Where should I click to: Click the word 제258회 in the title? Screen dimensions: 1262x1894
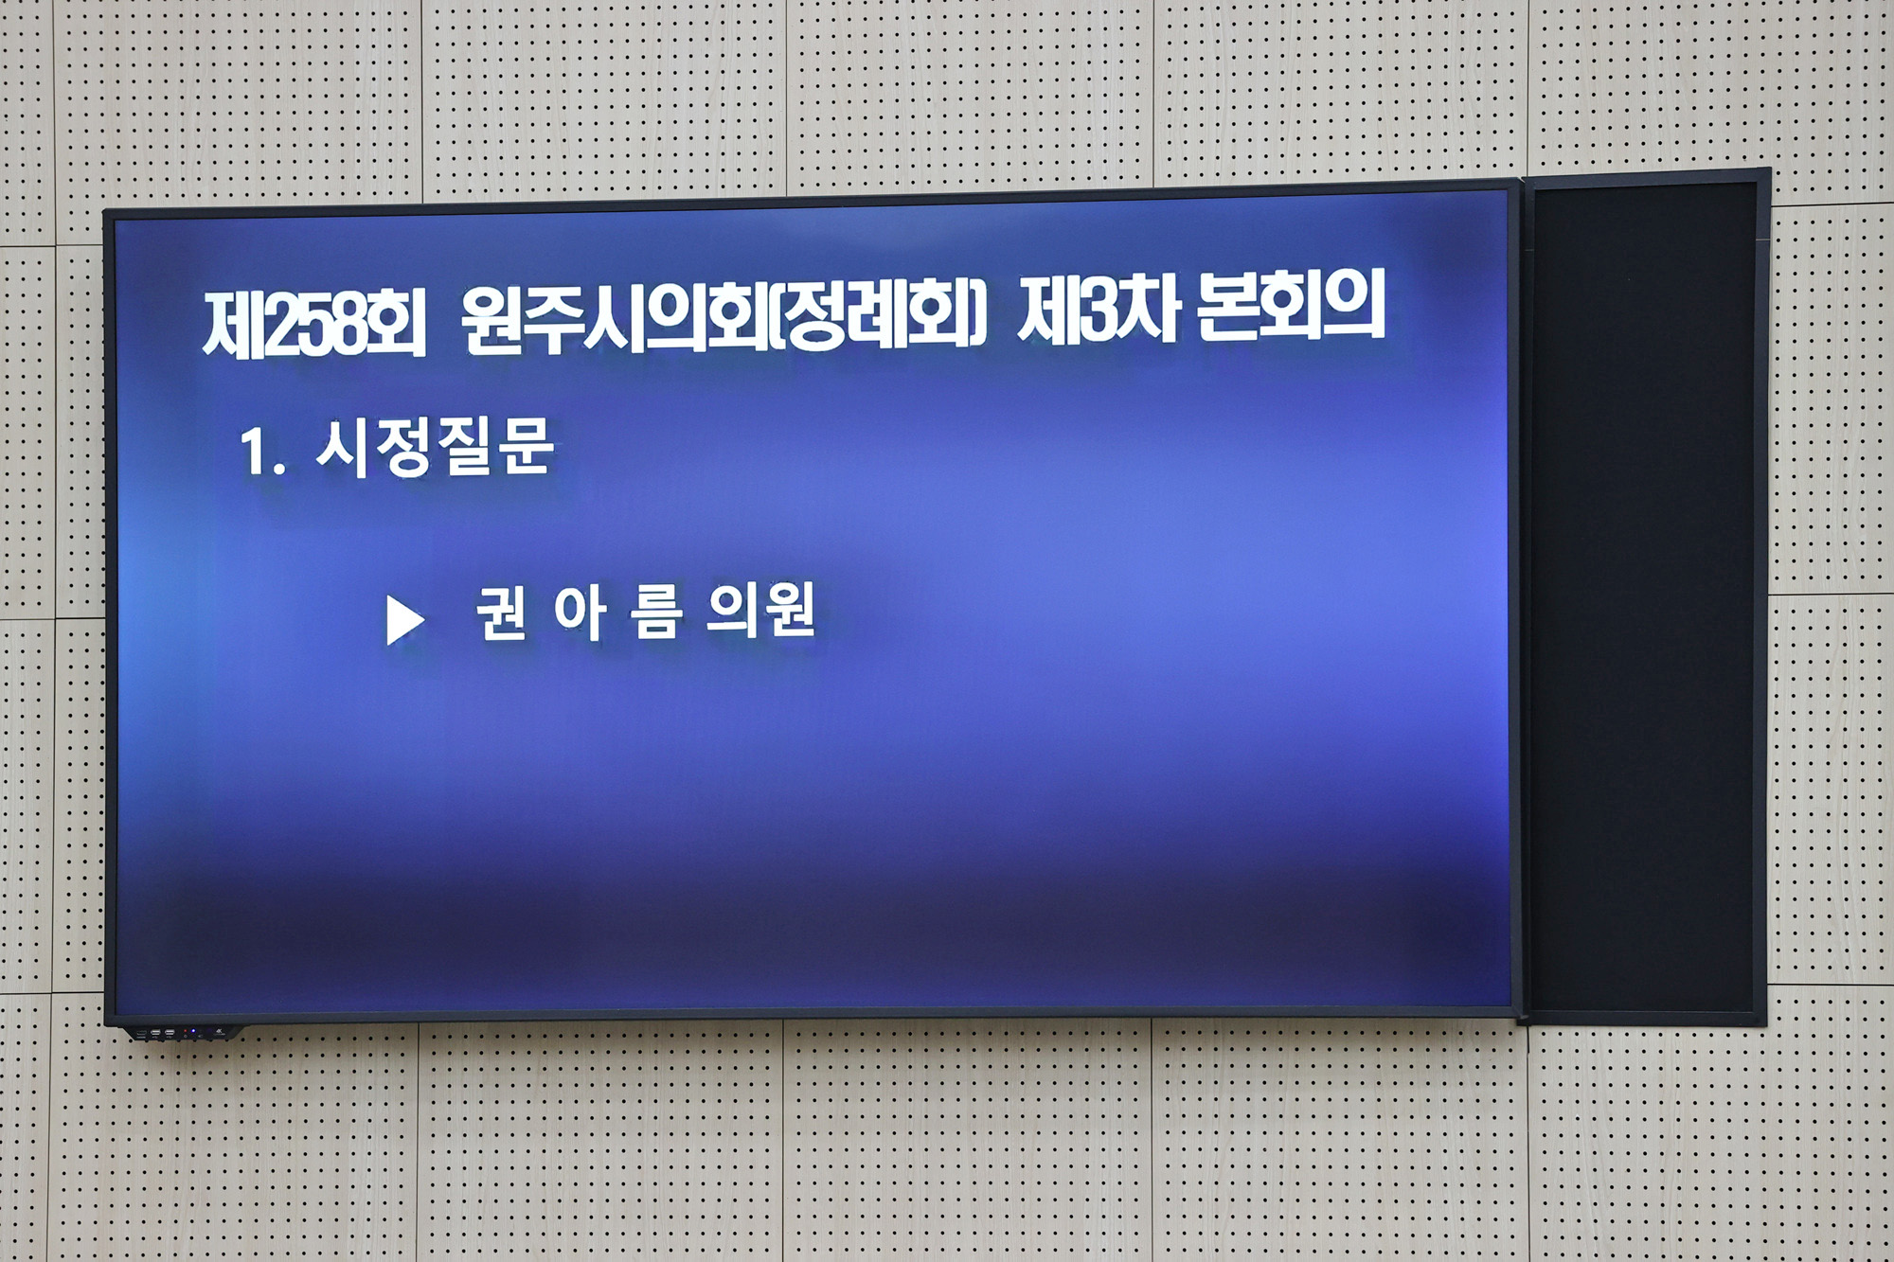pyautogui.click(x=314, y=324)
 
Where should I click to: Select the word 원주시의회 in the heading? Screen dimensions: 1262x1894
pyautogui.click(x=614, y=320)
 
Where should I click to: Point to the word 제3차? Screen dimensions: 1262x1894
pyautogui.click(x=1098, y=310)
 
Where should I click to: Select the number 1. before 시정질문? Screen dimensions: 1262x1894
pyautogui.click(x=262, y=453)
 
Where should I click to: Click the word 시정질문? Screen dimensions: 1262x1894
pyautogui.click(x=435, y=447)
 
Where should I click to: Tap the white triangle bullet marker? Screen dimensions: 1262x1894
pyautogui.click(x=404, y=621)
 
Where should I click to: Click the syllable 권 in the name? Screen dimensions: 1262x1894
pyautogui.click(x=501, y=613)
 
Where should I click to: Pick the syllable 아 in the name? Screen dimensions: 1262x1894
pyautogui.click(x=580, y=613)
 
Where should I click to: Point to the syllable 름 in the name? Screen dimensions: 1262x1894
pyautogui.click(x=656, y=613)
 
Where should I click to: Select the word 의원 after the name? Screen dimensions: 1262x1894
pyautogui.click(x=760, y=611)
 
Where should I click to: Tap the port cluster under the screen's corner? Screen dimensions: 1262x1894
pyautogui.click(x=180, y=1033)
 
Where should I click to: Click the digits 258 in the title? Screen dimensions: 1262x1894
pyautogui.click(x=313, y=325)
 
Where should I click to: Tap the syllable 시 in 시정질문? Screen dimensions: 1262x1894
pyautogui.click(x=340, y=449)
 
